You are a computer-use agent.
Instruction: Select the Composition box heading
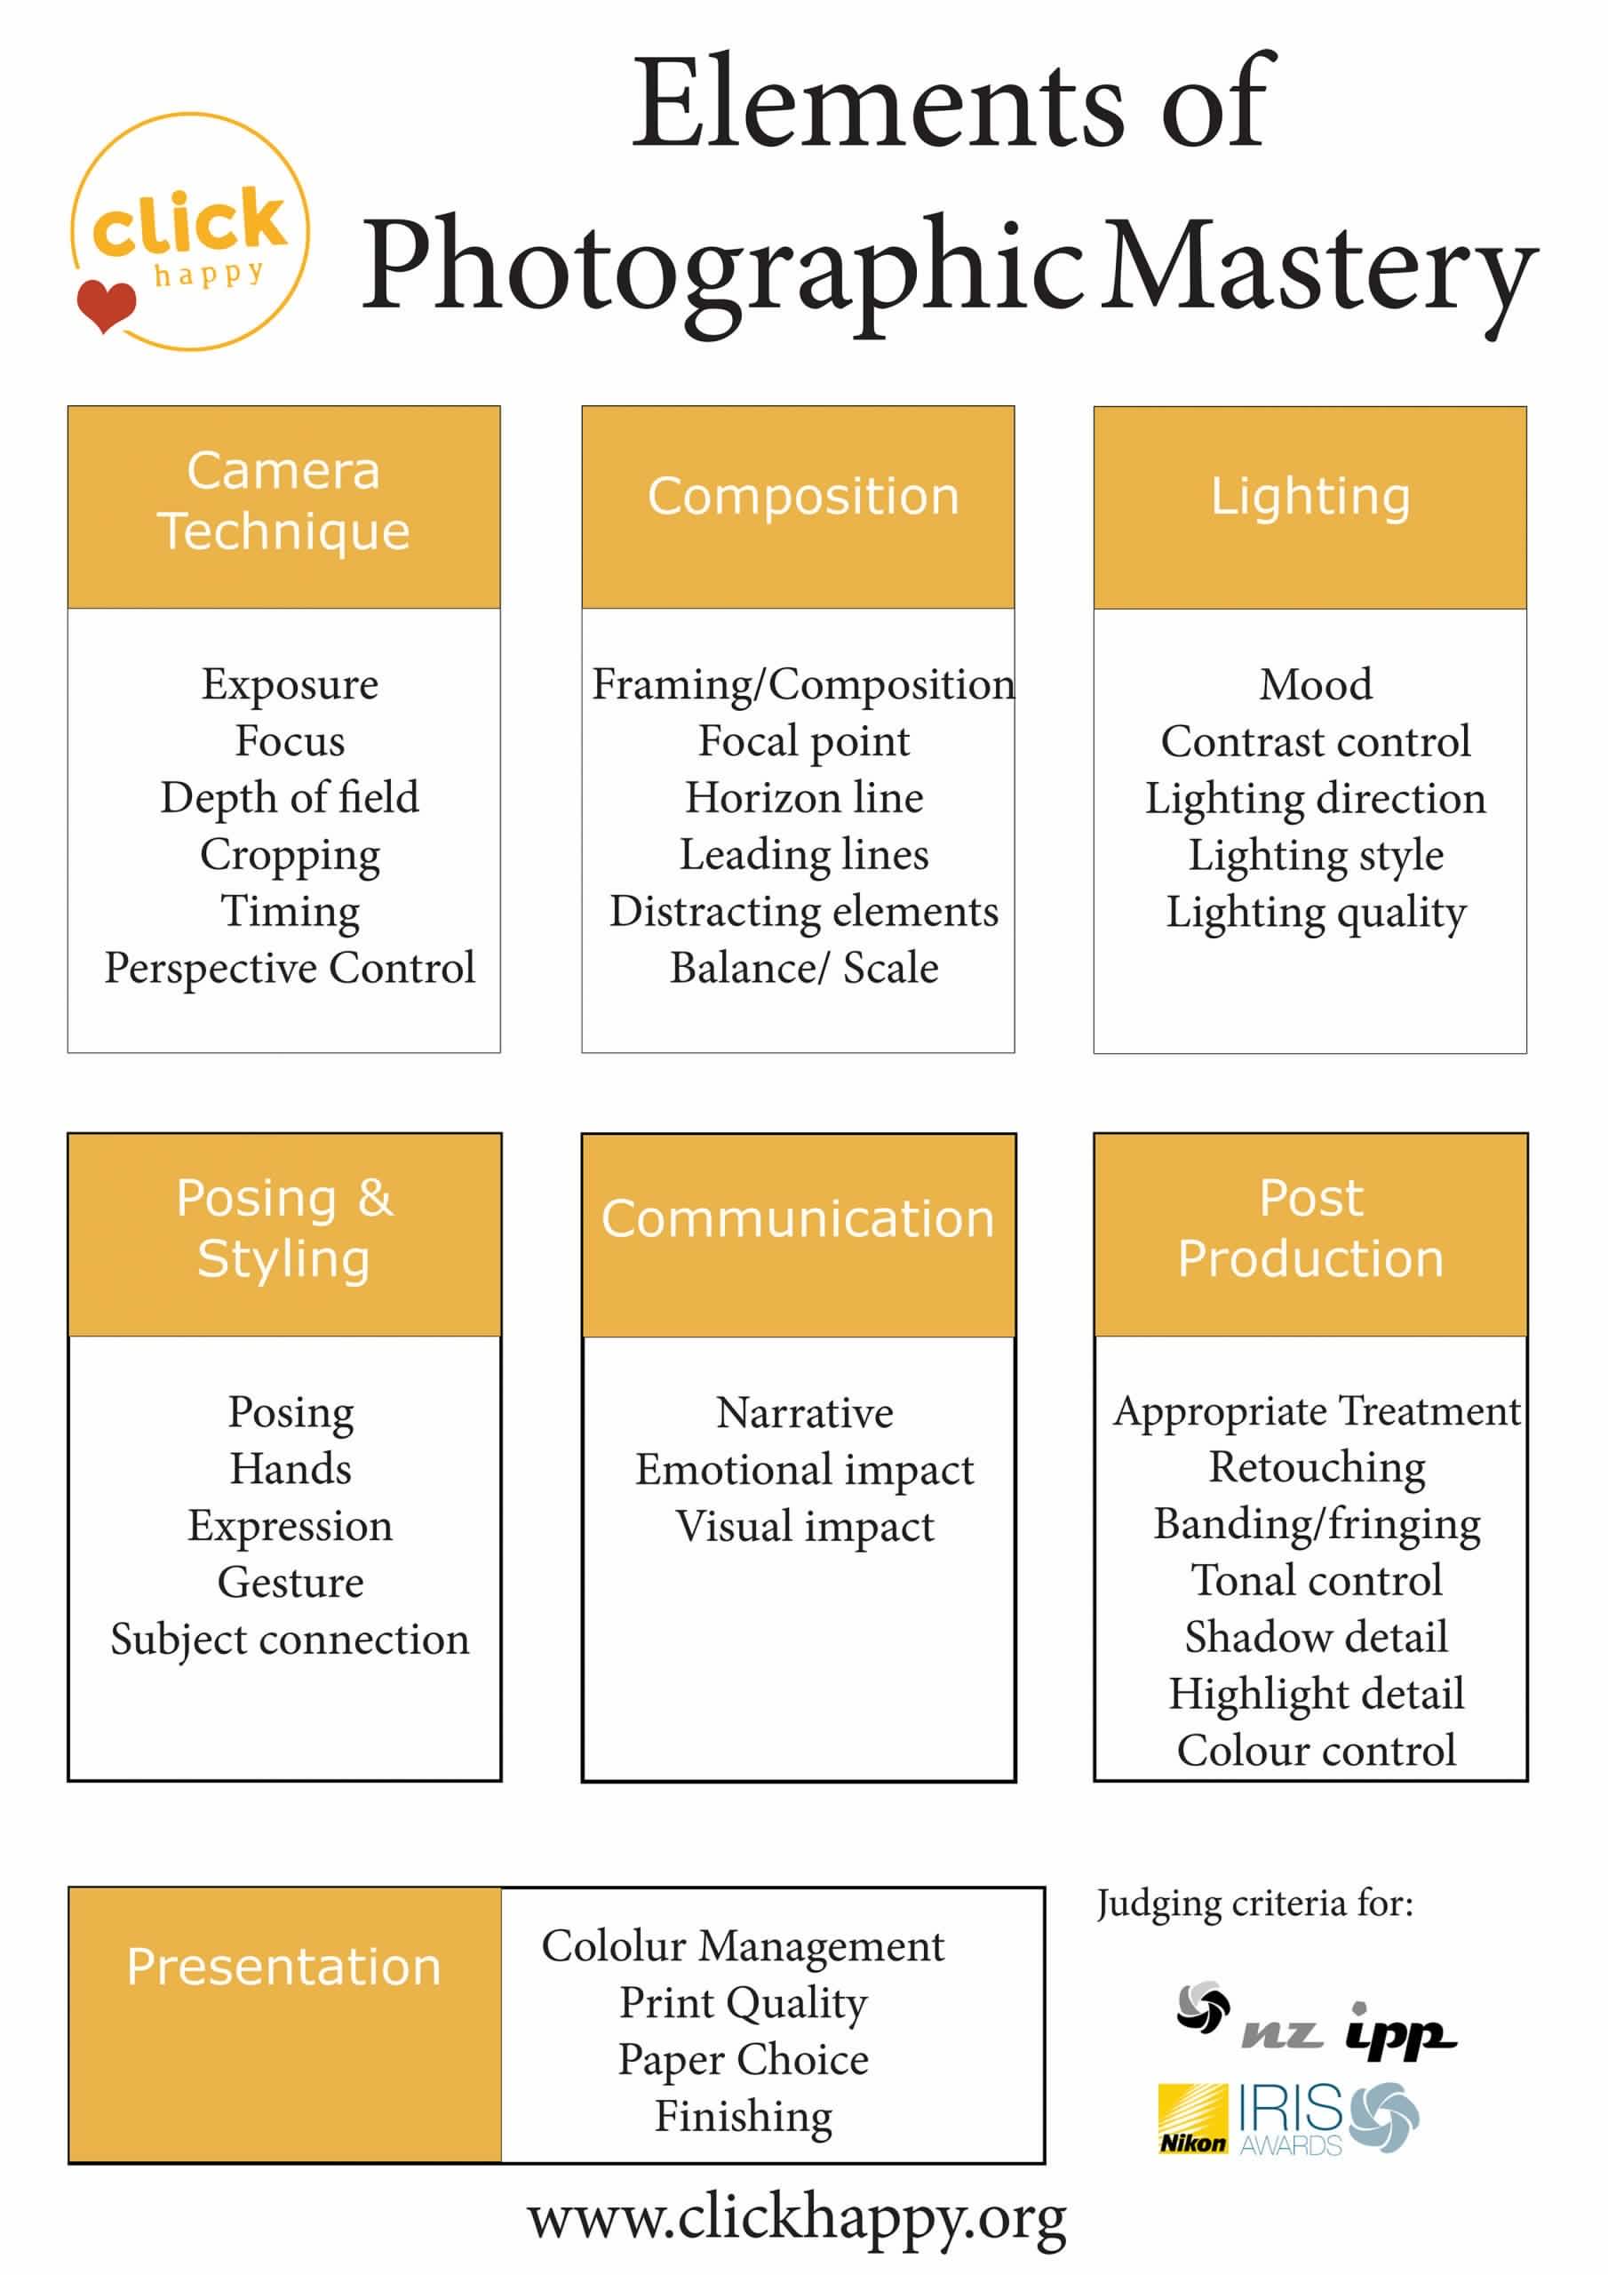803,497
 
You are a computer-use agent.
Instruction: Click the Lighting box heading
1310,498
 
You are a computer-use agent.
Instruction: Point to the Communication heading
798,1218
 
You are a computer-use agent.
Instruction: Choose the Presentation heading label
283,1967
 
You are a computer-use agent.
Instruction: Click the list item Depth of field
291,799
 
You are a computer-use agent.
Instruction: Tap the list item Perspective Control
291,969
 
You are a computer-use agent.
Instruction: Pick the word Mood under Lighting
1316,684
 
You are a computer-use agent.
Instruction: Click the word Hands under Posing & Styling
291,1468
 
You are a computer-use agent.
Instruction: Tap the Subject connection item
291,1640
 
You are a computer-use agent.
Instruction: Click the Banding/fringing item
1317,1525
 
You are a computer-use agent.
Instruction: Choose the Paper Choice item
743,2061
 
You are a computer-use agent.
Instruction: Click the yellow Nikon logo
1193,2119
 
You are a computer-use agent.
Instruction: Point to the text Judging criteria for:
1254,1905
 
